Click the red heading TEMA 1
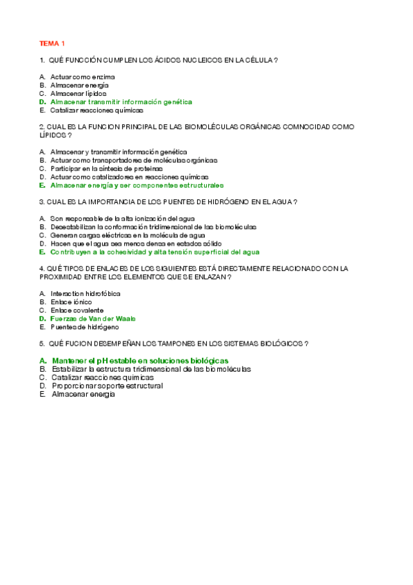(x=52, y=43)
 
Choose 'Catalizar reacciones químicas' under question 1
(x=97, y=110)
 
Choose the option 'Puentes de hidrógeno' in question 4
(x=81, y=327)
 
